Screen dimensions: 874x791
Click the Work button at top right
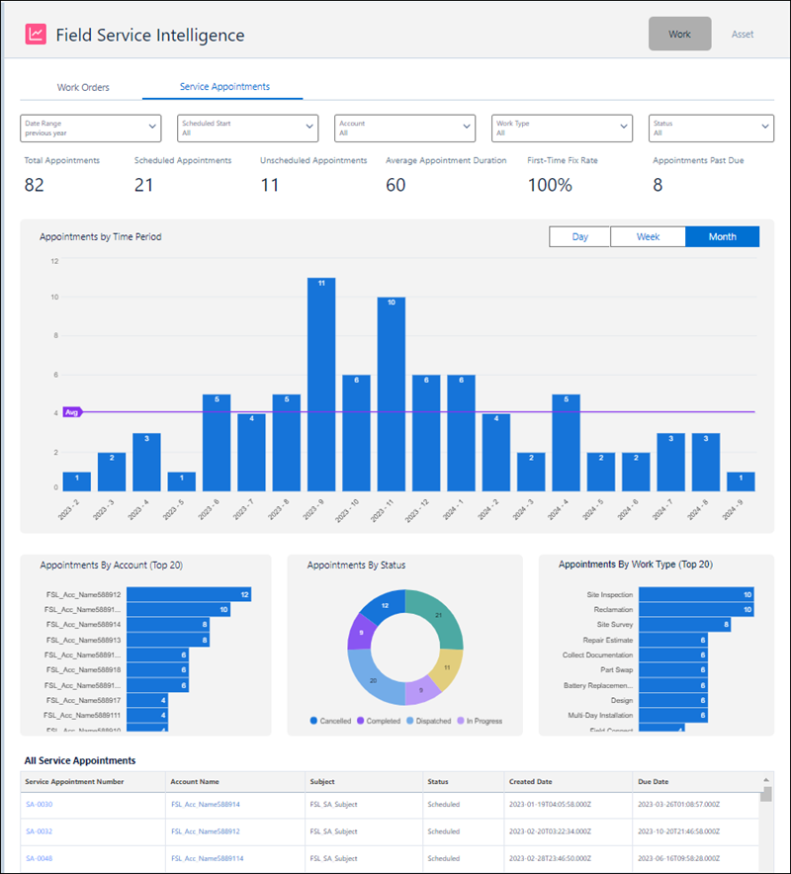click(x=679, y=34)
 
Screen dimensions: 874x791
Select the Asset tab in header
click(x=742, y=34)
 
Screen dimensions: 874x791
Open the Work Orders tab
click(x=83, y=87)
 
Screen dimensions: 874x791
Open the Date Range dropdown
click(x=90, y=128)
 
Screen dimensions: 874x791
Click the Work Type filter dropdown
click(x=562, y=128)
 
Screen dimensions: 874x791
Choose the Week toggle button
click(x=648, y=236)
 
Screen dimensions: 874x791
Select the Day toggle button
click(x=580, y=236)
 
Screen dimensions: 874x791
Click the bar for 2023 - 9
click(x=321, y=386)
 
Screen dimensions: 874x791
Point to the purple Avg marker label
click(x=71, y=412)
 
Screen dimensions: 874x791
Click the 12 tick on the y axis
click(x=55, y=261)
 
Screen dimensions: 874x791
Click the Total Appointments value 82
click(x=35, y=185)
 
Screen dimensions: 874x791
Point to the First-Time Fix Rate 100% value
click(x=550, y=185)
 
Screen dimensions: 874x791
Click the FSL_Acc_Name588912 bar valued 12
click(x=188, y=594)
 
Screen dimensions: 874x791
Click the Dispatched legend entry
click(x=427, y=721)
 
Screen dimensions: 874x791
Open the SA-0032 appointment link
click(x=39, y=831)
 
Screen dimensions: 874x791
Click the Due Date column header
click(x=653, y=781)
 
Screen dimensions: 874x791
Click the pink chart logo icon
click(x=35, y=34)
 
